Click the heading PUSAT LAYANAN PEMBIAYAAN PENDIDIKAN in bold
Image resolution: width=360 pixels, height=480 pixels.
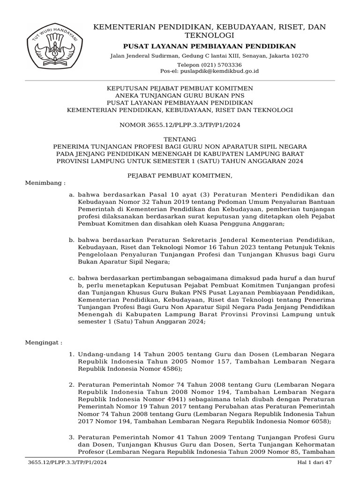(209, 46)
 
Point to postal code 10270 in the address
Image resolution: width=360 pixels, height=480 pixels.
(300, 56)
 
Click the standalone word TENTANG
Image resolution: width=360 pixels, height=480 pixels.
(180, 139)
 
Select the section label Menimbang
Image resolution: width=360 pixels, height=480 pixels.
(45, 182)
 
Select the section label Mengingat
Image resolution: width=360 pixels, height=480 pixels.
(43, 342)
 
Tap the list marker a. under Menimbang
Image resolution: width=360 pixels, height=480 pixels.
(71, 194)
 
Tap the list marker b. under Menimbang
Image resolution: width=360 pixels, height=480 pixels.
(71, 240)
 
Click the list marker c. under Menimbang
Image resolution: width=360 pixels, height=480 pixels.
(71, 278)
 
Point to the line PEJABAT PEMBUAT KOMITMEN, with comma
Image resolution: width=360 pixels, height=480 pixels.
(180, 175)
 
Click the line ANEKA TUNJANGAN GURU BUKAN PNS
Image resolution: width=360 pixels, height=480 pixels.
(180, 95)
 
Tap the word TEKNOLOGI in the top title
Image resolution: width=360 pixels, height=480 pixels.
(209, 36)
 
